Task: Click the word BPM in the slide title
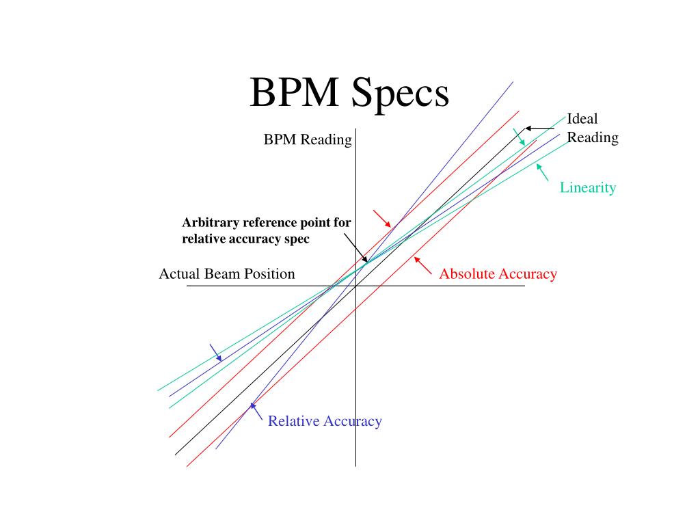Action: [x=295, y=93]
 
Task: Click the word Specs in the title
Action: [x=401, y=94]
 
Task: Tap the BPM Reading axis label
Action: [x=308, y=140]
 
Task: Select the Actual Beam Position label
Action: [x=227, y=274]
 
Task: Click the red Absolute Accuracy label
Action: [x=498, y=274]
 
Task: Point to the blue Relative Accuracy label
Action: [x=325, y=421]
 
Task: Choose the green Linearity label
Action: [x=588, y=187]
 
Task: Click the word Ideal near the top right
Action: [x=582, y=119]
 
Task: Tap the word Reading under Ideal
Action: [x=593, y=137]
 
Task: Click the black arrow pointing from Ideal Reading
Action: [x=540, y=128]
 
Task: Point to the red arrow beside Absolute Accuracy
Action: [x=423, y=265]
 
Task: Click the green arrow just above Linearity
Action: [x=543, y=172]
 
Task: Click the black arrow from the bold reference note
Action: [x=355, y=247]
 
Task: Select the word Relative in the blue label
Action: [x=293, y=421]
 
